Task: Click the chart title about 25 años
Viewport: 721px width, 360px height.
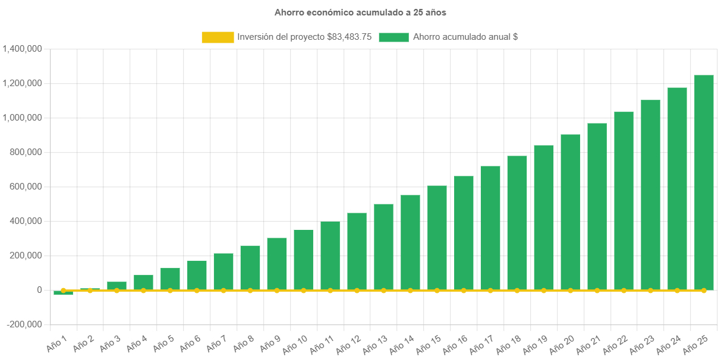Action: pos(360,12)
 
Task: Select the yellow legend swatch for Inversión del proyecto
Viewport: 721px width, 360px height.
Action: pos(218,37)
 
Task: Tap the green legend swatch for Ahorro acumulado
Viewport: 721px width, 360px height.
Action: pos(393,37)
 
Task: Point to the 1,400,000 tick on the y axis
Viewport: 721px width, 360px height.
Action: pos(22,49)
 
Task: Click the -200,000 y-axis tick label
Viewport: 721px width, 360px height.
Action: pos(24,324)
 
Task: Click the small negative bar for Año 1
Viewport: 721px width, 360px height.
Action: pos(64,293)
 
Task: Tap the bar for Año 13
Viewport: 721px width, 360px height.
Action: pos(383,247)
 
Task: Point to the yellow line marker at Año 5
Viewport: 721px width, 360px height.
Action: pos(170,290)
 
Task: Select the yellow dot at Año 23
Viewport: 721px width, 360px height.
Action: pos(650,290)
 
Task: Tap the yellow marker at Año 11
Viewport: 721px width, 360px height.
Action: pos(330,290)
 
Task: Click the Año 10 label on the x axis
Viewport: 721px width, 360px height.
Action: pos(295,343)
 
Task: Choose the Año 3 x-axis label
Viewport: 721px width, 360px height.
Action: pos(109,343)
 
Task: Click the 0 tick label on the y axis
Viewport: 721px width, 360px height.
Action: pos(39,290)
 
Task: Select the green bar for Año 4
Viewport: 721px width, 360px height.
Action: pos(143,282)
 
